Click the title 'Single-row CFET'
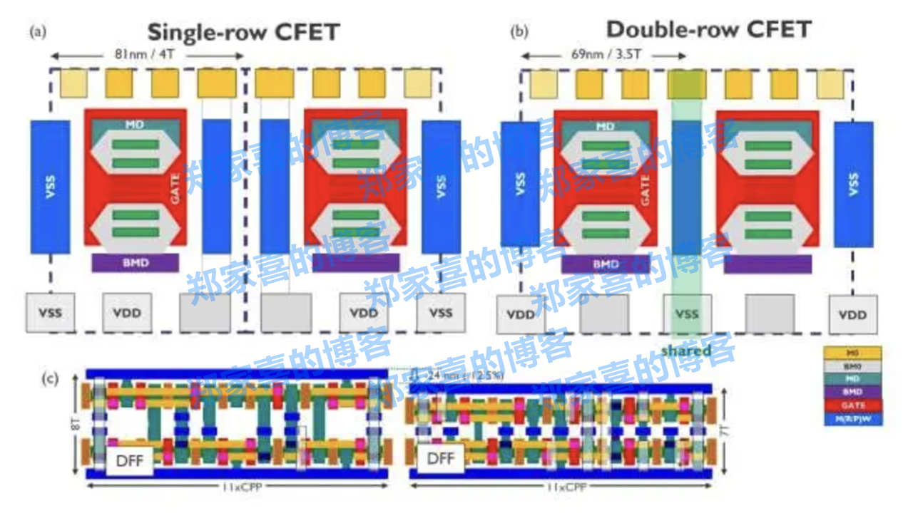click(x=243, y=32)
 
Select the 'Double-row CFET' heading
click(x=708, y=30)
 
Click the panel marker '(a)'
click(x=38, y=31)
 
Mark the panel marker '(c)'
click(x=50, y=378)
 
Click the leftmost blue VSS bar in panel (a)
click(x=50, y=187)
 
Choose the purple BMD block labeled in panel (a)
click(x=135, y=263)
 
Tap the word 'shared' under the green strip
click(x=686, y=351)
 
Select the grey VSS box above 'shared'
click(x=687, y=314)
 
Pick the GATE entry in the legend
click(x=853, y=405)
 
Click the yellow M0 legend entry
click(x=853, y=353)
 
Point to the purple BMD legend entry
click(x=853, y=392)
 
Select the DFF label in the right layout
click(x=441, y=457)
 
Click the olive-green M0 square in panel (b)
click(x=686, y=84)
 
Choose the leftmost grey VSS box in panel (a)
click(x=50, y=313)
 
